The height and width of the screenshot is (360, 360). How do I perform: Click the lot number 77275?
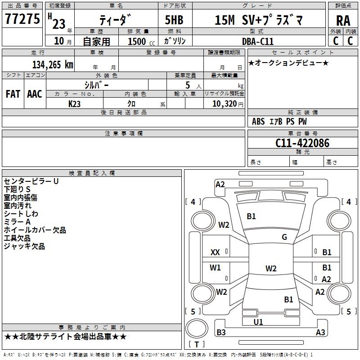[22, 19]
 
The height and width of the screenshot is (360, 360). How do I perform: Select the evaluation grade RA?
[343, 20]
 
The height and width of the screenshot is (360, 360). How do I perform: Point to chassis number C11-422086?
[302, 143]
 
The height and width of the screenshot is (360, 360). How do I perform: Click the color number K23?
[75, 103]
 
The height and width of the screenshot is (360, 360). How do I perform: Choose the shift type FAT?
[13, 94]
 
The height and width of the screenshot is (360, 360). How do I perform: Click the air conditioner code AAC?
[35, 94]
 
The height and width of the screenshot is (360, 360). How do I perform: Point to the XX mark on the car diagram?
[215, 252]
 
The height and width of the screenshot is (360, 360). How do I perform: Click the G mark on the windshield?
[284, 237]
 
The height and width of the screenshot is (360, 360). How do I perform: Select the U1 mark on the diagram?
[258, 322]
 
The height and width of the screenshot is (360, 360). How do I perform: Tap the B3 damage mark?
[221, 333]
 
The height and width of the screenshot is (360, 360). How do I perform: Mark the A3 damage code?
[320, 333]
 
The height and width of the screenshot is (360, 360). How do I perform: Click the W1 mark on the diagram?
[216, 268]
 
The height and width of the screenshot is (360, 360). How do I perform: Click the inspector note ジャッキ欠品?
[24, 246]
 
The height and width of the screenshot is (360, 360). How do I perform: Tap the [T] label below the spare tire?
[196, 344]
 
